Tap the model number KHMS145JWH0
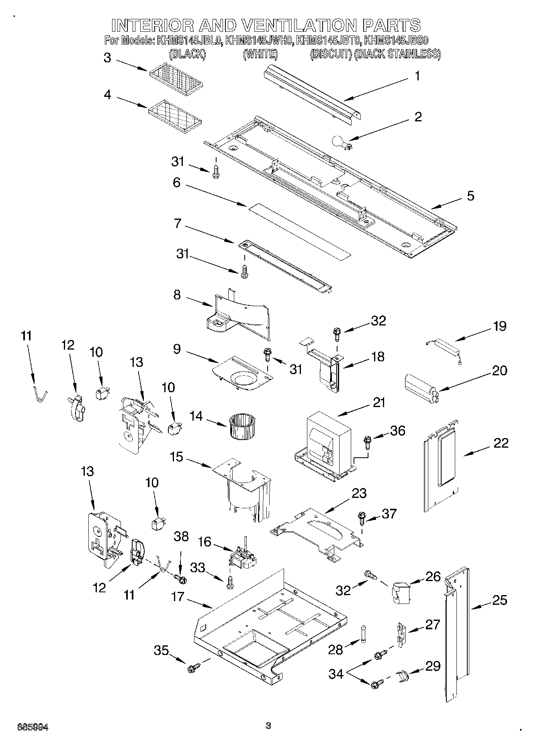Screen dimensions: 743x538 259,40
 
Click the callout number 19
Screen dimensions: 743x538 499,326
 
